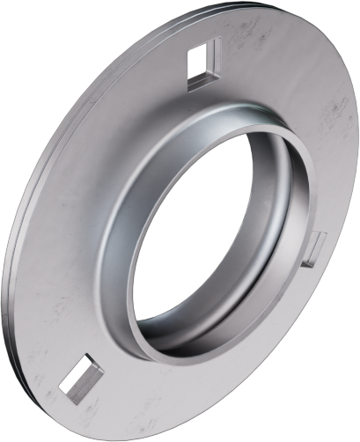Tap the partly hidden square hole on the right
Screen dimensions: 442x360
click(316, 249)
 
